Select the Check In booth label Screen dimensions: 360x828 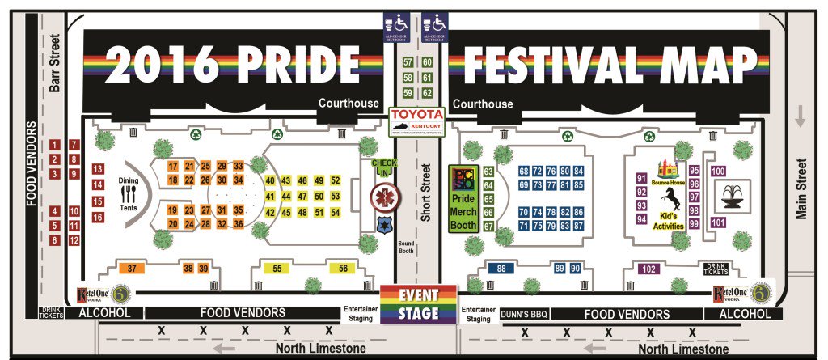384,167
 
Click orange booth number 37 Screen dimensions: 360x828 130,268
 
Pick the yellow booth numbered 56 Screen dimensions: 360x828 343,268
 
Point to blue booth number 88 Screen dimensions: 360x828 501,269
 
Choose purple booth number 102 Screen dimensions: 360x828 648,269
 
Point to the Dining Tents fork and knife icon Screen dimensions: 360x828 130,194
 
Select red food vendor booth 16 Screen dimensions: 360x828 98,218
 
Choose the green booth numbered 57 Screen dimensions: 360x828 408,62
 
